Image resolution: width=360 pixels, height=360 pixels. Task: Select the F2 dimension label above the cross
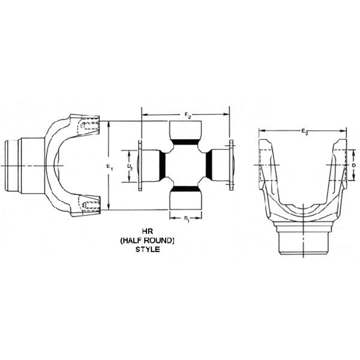pyautogui.click(x=187, y=113)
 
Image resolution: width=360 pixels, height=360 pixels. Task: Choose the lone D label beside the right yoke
pyautogui.click(x=354, y=164)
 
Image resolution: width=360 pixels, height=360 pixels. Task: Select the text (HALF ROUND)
pyautogui.click(x=147, y=239)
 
